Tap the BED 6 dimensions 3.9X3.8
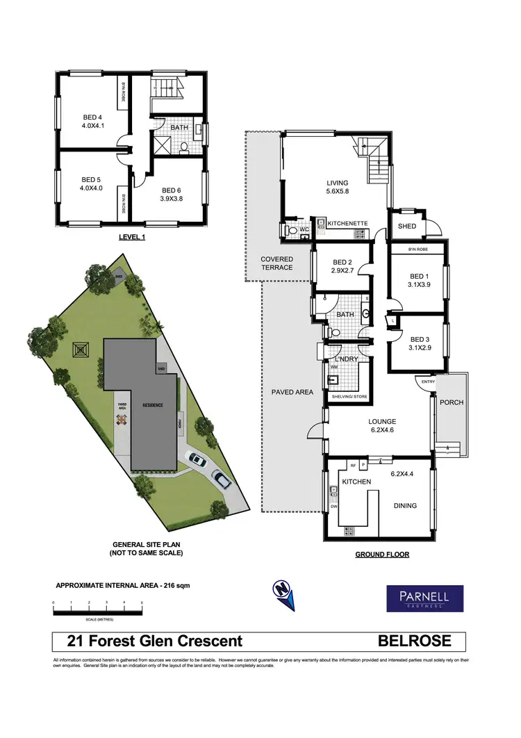(x=172, y=199)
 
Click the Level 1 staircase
(x=166, y=88)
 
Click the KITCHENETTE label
(x=347, y=223)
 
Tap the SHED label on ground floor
(x=406, y=226)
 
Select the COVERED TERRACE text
(x=276, y=263)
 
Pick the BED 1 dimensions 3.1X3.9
(x=419, y=284)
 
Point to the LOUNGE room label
(x=382, y=421)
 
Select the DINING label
(x=405, y=505)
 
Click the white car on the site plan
(x=196, y=459)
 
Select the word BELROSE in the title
(x=414, y=641)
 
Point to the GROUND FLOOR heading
(x=382, y=555)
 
